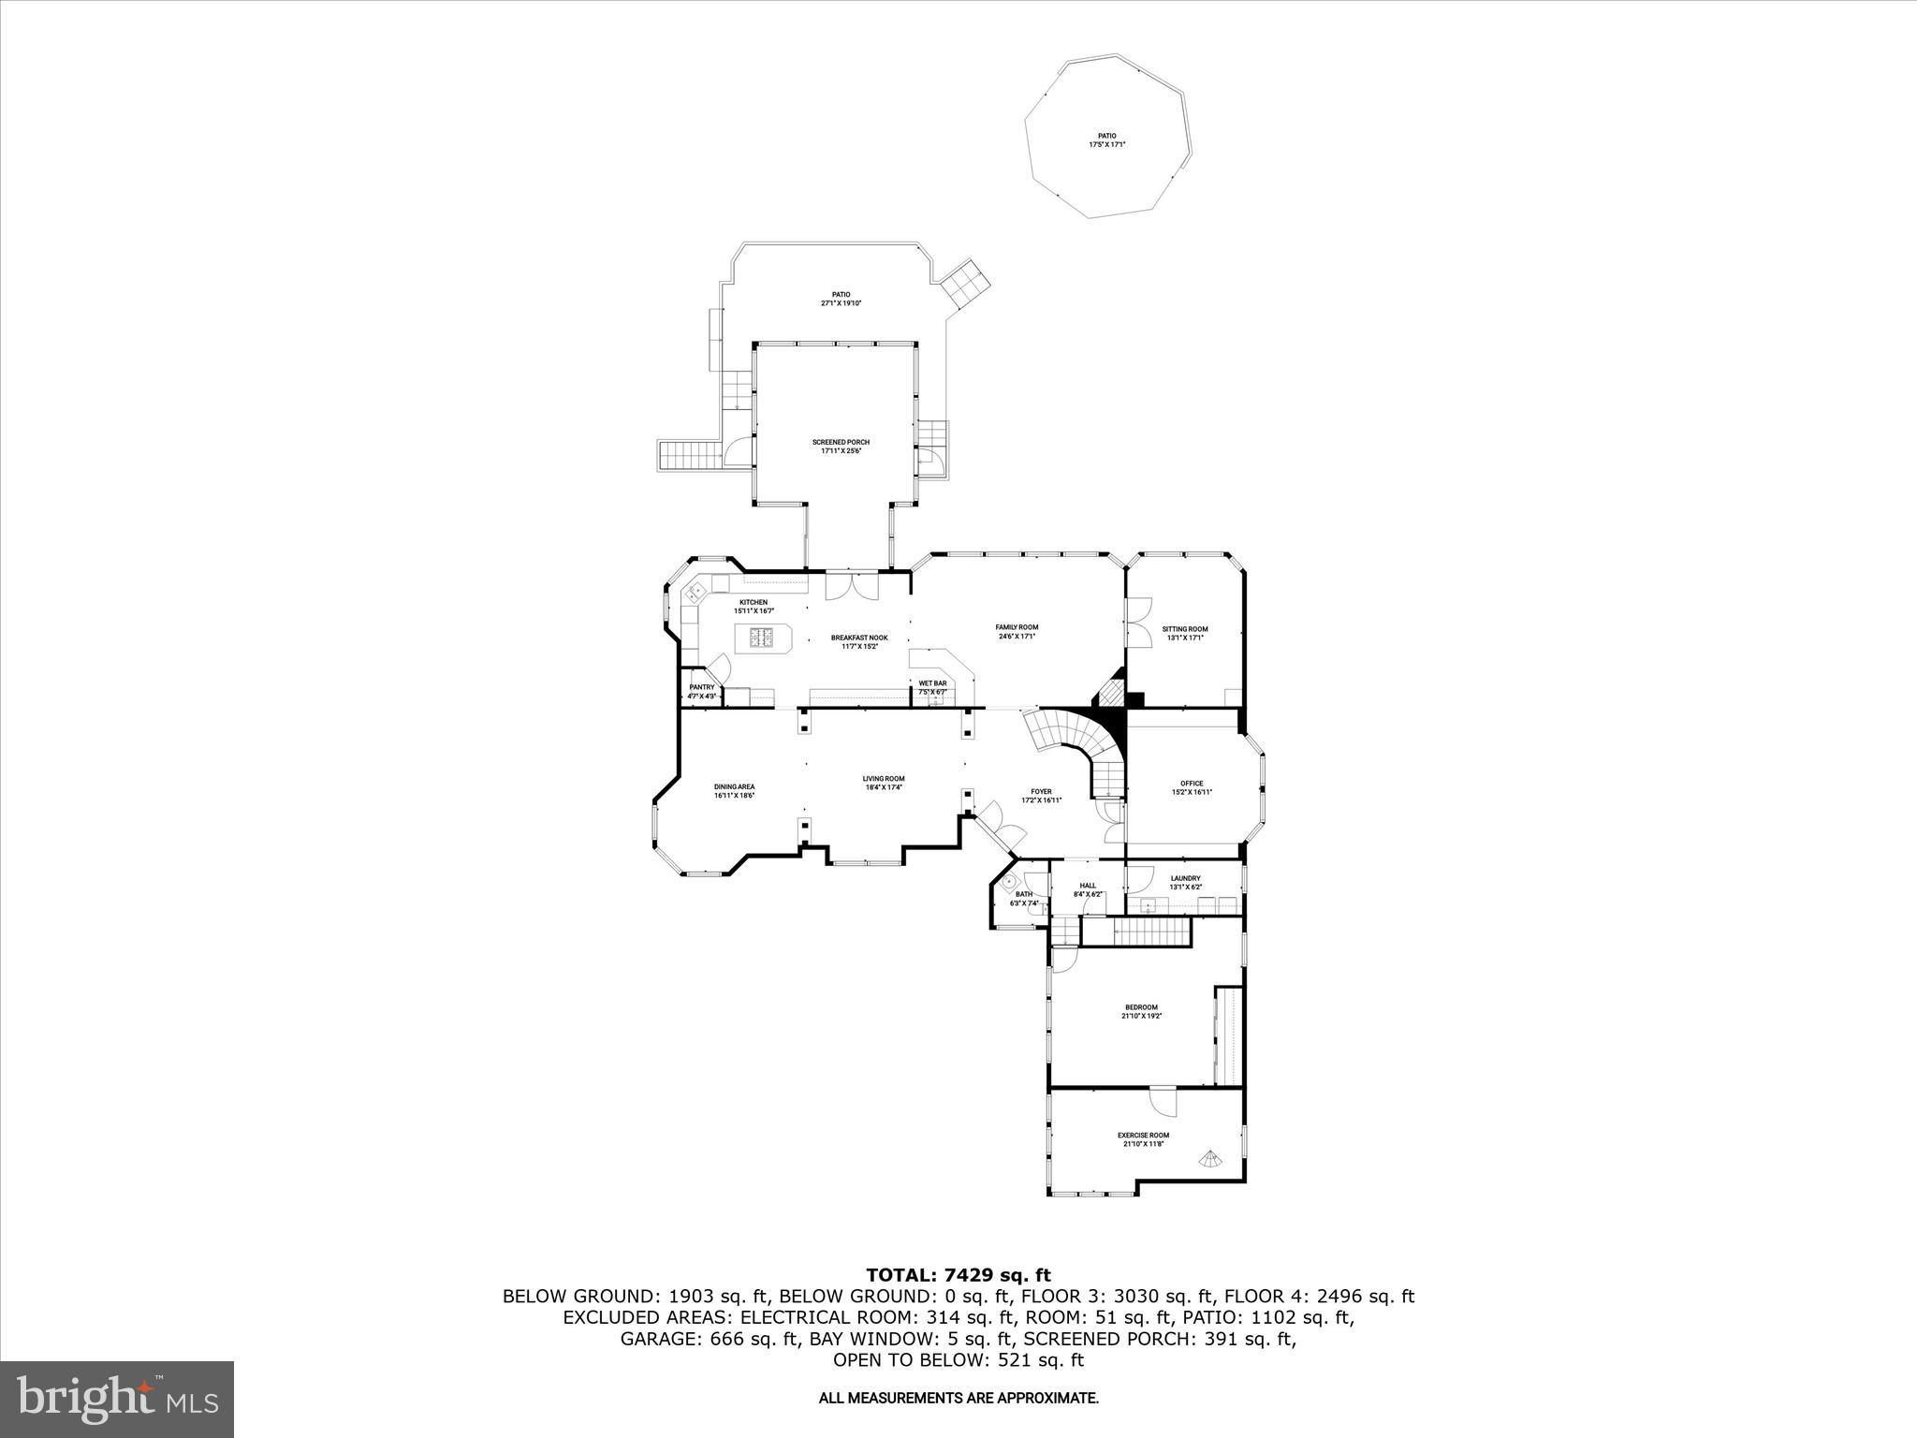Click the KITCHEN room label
click(754, 602)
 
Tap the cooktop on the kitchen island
click(762, 638)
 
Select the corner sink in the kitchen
click(697, 591)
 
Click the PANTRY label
click(702, 687)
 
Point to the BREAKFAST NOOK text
click(858, 638)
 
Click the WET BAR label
click(932, 683)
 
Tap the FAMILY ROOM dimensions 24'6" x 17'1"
click(1017, 637)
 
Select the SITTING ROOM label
click(1185, 629)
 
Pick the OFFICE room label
click(1192, 784)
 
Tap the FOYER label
click(1041, 791)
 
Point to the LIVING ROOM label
click(884, 779)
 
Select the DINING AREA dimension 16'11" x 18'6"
click(734, 796)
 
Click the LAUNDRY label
click(1185, 878)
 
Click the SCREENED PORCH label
click(841, 442)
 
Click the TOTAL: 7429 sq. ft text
click(958, 1274)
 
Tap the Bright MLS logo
click(117, 1398)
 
